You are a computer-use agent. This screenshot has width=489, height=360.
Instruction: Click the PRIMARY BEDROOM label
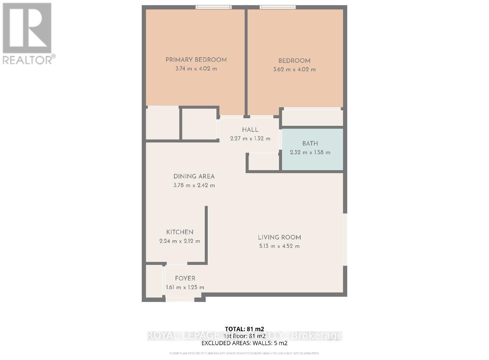coord(196,60)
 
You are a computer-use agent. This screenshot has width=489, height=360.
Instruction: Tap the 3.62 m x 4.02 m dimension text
coord(294,70)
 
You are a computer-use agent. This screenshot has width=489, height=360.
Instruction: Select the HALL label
coord(250,130)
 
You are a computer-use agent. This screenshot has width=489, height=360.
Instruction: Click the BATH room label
coord(310,144)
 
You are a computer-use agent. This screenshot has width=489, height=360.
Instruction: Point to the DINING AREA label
coord(194,177)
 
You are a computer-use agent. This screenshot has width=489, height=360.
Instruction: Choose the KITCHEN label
coord(180,232)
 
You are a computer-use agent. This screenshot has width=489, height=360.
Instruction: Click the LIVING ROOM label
coord(279,238)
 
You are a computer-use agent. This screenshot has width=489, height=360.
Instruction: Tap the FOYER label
coord(185,279)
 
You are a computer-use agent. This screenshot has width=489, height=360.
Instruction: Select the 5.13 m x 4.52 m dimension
coord(279,246)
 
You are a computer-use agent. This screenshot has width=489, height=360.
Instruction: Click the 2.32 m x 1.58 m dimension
coord(310,153)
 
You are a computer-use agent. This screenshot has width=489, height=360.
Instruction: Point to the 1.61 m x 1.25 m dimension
coord(185,288)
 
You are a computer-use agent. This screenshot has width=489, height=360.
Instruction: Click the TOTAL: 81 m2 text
coord(244,329)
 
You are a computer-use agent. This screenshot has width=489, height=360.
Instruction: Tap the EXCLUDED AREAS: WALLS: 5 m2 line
coord(244,343)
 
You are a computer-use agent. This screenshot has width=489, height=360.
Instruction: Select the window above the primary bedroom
coord(214,7)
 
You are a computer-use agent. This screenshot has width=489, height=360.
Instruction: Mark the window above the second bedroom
coord(278,7)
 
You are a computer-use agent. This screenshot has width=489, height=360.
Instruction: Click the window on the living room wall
coord(345,239)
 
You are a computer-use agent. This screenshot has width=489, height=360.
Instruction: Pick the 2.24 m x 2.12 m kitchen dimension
coord(180,241)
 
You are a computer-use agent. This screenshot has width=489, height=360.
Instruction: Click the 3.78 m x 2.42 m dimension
coord(194,186)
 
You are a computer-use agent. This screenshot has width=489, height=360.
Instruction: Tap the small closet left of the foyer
coord(154,281)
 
